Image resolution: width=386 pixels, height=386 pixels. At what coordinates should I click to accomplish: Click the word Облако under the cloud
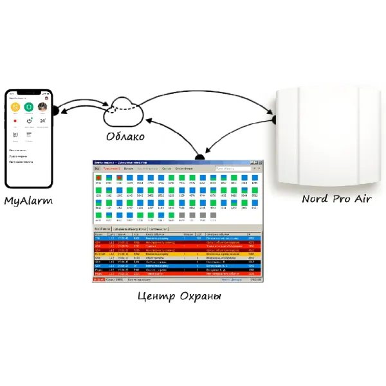pyautogui.click(x=125, y=136)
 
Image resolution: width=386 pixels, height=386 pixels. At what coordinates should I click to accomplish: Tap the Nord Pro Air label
pyautogui.click(x=336, y=198)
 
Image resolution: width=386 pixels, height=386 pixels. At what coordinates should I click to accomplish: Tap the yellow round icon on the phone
pyautogui.click(x=15, y=107)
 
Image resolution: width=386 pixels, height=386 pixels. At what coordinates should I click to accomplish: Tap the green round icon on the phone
pyautogui.click(x=29, y=107)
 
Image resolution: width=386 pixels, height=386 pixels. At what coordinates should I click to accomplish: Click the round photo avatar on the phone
pyautogui.click(x=43, y=107)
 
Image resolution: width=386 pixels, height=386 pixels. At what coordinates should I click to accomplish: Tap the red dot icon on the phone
pyautogui.click(x=15, y=121)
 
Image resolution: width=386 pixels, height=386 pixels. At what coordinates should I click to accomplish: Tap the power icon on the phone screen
pyautogui.click(x=29, y=121)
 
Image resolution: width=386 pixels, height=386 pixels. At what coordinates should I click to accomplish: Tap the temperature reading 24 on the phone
pyautogui.click(x=43, y=120)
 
